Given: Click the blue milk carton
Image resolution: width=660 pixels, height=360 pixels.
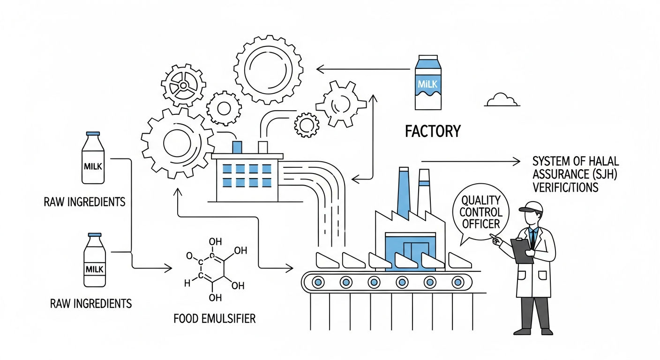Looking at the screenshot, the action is click(x=428, y=82).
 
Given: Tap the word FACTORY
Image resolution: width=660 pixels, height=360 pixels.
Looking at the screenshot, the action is click(x=433, y=131).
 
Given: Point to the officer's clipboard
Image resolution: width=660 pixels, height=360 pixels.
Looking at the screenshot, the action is click(x=522, y=251).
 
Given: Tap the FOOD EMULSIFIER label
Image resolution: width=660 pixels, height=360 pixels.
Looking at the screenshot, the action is click(x=215, y=318).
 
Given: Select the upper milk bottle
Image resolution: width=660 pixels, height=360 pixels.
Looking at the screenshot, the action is click(x=93, y=158).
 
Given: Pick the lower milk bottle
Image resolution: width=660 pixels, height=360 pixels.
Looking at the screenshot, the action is click(x=95, y=260).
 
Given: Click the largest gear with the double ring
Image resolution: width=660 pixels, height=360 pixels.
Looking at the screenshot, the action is click(x=269, y=70).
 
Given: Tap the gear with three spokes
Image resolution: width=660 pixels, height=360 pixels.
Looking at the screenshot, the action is click(x=183, y=85).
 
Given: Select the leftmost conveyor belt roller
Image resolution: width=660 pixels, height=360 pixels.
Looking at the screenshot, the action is click(x=318, y=282).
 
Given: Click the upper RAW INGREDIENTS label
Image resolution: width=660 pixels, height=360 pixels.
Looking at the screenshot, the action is click(x=84, y=202).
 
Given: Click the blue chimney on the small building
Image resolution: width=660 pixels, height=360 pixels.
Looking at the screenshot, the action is click(x=237, y=147).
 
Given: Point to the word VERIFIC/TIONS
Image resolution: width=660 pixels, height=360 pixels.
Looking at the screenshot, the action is click(x=565, y=187).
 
